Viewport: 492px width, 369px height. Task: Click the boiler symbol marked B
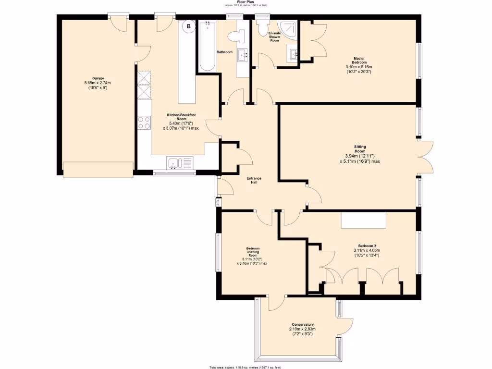point(189,25)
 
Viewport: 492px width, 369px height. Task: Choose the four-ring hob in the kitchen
point(144,123)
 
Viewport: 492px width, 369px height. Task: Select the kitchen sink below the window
point(180,163)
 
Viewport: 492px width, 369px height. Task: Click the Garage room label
point(98,78)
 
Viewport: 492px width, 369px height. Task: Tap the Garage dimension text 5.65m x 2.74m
point(98,83)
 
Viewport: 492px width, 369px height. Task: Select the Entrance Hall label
point(254,181)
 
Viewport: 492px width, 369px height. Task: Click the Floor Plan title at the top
point(246,2)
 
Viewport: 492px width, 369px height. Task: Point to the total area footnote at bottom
point(246,367)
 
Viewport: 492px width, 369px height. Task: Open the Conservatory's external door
point(346,327)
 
